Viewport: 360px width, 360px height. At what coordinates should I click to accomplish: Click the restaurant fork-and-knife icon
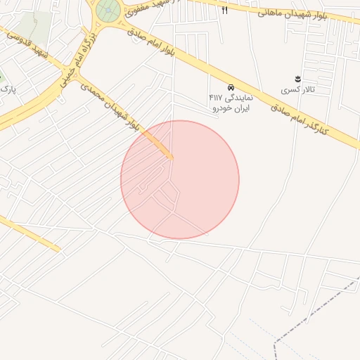point(225,10)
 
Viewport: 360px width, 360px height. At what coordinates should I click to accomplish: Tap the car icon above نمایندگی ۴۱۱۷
point(231,86)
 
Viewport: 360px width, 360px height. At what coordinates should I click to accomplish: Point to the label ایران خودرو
point(231,108)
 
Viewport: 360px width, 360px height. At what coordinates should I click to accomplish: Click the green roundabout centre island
point(108,10)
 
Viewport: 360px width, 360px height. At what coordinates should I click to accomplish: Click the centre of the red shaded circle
point(180,179)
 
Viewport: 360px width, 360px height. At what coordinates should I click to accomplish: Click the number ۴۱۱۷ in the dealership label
point(217,98)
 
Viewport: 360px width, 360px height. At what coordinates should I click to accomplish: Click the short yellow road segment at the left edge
point(28,233)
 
